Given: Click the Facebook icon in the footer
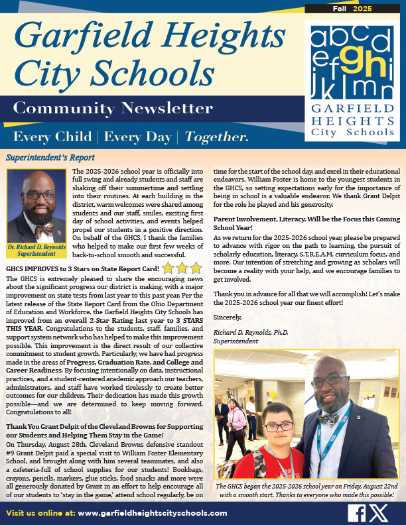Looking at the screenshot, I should coord(356,512).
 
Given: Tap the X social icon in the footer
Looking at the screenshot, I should coord(380,512).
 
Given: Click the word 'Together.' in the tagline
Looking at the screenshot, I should coord(217,137).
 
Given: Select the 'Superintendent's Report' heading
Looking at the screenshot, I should coord(50,158).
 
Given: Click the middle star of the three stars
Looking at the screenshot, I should coord(182,268).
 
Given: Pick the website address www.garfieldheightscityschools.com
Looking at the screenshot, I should coord(152,513).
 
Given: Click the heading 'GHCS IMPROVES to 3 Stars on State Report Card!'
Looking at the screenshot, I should coord(82,269).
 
